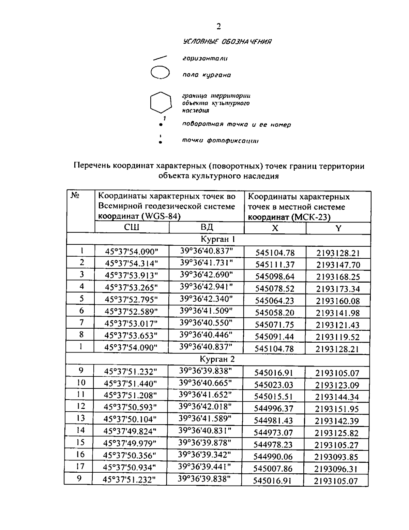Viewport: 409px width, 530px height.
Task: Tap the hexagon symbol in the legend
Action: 160,102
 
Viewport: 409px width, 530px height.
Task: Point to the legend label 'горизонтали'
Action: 205,59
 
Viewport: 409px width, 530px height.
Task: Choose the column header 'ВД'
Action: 207,228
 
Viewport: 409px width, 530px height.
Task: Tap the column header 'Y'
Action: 338,228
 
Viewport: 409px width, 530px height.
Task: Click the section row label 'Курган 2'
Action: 217,359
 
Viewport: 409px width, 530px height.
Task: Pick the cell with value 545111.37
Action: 275,265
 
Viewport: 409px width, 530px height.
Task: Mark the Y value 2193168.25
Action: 338,277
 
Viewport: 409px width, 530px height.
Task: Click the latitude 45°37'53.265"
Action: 132,287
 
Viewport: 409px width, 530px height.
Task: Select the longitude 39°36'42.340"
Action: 206,299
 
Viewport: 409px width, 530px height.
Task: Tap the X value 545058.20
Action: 274,313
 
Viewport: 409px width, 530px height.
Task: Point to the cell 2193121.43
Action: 338,325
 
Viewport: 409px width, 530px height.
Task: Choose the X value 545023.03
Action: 274,385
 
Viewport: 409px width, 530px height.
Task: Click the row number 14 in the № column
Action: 80,430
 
